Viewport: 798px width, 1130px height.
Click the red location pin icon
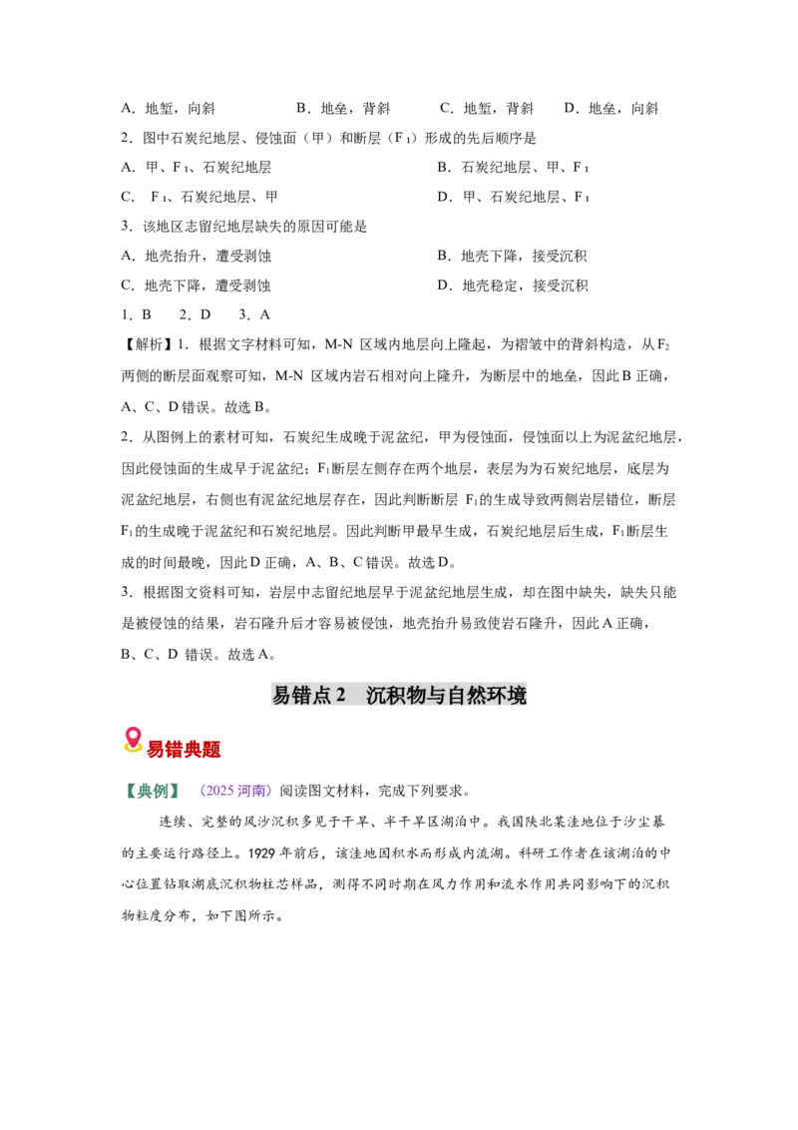pos(132,740)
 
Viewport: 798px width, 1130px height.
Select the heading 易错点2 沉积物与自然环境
pos(399,695)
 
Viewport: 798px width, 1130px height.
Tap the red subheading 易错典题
pos(184,750)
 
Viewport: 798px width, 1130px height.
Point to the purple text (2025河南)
pos(235,791)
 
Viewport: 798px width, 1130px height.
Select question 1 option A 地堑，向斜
pos(168,109)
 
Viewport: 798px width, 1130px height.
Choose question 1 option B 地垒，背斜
pos(343,109)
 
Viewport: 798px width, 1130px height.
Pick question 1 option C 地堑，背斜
pos(487,109)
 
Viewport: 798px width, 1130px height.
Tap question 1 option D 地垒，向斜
pos(611,109)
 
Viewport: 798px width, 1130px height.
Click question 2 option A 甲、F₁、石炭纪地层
pos(196,167)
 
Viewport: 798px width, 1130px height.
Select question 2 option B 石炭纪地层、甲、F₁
pos(514,167)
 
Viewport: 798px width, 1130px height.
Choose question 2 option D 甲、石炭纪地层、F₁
pos(514,197)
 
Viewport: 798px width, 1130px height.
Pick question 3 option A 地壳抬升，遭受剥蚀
pos(196,256)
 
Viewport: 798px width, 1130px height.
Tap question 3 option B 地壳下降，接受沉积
pos(512,256)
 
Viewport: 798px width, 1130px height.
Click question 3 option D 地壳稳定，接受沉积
pos(512,285)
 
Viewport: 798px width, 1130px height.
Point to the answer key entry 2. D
pos(195,314)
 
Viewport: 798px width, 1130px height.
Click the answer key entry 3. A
pos(254,314)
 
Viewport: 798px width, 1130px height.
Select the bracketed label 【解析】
pos(147,344)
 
